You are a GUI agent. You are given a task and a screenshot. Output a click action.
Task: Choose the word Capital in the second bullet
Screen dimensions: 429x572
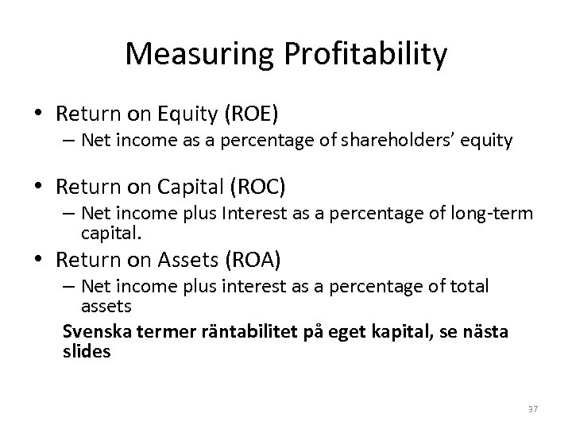[185, 187]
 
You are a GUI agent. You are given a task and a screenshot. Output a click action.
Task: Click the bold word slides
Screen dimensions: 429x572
[87, 350]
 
